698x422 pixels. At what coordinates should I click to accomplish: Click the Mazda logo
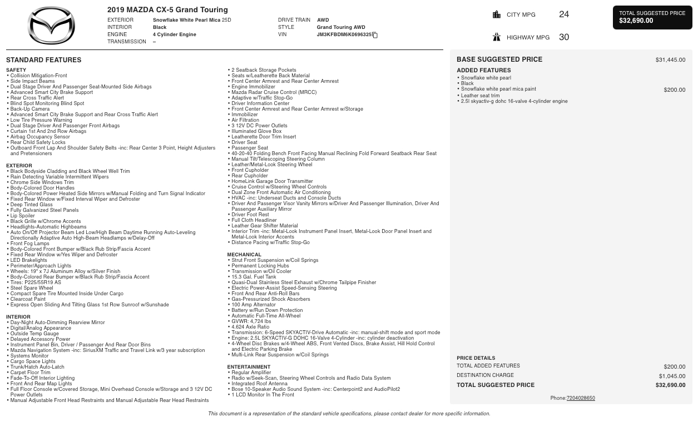51,26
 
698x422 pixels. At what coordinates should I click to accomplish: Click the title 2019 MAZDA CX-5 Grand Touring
167,10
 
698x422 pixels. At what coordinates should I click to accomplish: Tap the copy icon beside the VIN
375,35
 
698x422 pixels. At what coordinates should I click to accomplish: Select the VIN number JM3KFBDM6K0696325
344,34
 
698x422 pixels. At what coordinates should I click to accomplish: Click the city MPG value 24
563,14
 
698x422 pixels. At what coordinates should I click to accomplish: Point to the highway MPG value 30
563,37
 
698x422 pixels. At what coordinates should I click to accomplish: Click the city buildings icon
497,14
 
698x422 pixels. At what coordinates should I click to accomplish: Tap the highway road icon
497,37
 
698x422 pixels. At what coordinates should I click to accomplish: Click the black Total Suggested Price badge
652,17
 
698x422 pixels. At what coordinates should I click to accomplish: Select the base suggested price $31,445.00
670,60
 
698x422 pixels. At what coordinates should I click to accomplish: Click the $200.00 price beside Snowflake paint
674,90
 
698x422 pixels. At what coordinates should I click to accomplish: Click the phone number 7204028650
581,398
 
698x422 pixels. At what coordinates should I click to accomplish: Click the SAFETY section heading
16,70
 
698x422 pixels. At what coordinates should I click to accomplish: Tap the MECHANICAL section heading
244,255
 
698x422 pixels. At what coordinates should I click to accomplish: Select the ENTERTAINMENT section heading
249,367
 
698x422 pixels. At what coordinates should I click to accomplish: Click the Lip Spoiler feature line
22,216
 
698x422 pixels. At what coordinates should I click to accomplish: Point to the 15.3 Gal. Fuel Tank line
254,277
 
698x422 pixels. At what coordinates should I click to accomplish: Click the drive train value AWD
323,20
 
